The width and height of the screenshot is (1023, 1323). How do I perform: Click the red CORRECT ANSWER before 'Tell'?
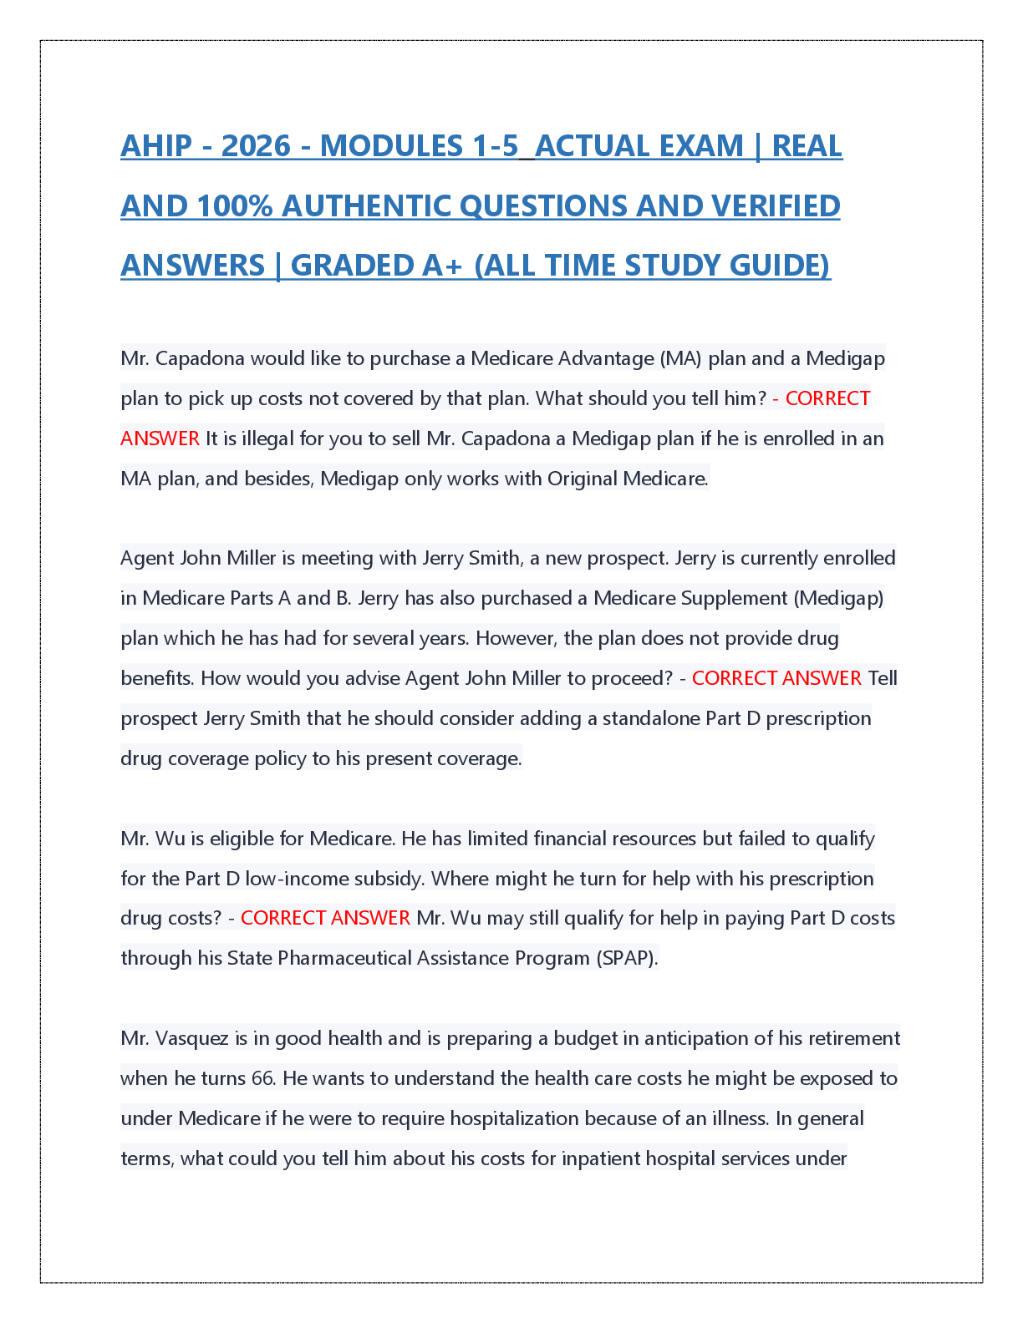[x=776, y=678]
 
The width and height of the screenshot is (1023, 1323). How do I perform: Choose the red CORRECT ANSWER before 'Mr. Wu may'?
[x=325, y=918]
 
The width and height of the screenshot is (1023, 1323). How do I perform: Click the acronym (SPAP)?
[x=627, y=958]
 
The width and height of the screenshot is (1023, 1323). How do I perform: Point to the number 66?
[x=262, y=1078]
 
